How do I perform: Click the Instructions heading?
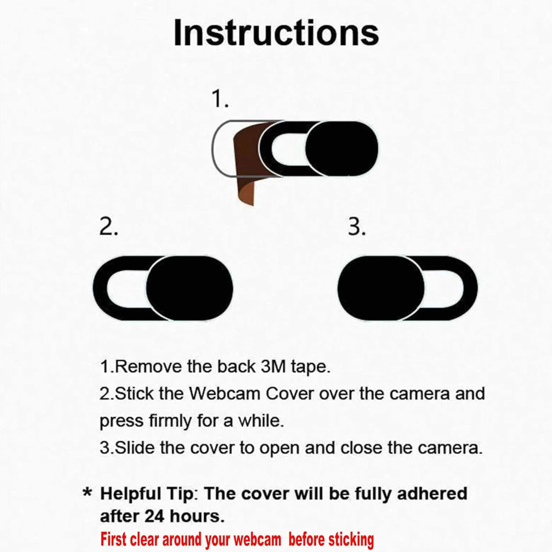pyautogui.click(x=276, y=33)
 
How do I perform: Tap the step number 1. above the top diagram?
pyautogui.click(x=220, y=99)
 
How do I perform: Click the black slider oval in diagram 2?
pyautogui.click(x=190, y=288)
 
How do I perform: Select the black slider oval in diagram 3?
pyautogui.click(x=381, y=288)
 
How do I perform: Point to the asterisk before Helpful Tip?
pyautogui.click(x=87, y=492)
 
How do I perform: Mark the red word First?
pyautogui.click(x=114, y=539)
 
